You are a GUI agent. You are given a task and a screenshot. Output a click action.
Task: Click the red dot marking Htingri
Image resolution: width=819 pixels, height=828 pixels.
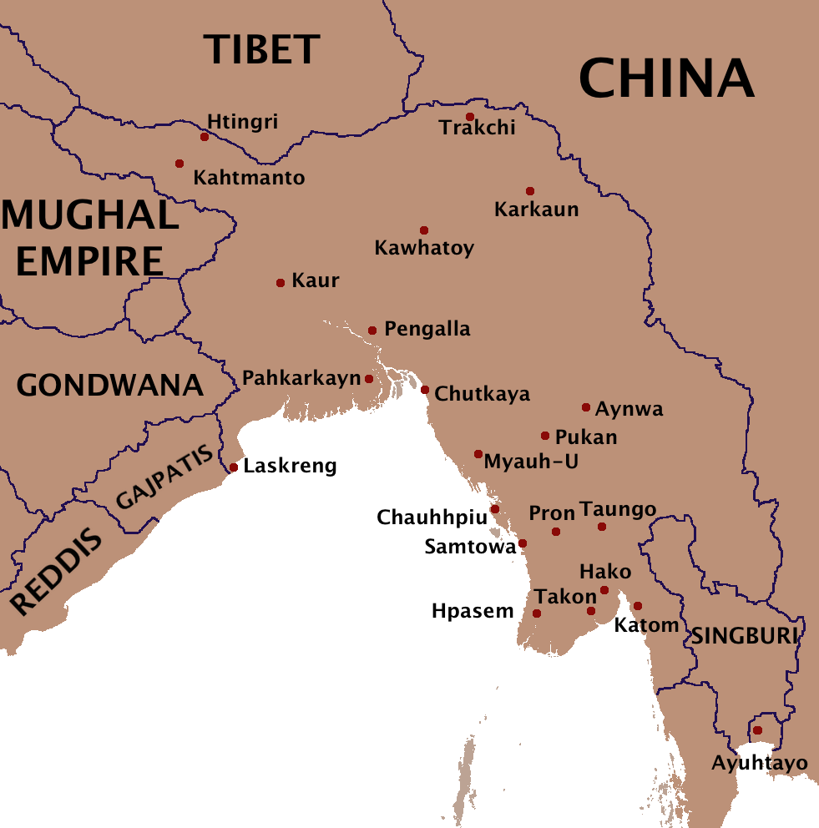point(204,137)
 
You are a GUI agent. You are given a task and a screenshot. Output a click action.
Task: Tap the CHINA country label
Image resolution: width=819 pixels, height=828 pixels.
point(666,79)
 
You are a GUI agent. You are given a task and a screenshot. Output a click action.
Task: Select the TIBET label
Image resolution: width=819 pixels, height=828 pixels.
point(262,49)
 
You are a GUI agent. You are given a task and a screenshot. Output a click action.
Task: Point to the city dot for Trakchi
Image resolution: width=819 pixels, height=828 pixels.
point(470,117)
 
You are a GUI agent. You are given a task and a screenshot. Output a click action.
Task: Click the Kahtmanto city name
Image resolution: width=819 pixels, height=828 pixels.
point(249,178)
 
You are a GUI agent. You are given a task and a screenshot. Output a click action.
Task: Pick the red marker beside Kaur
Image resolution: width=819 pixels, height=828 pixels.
point(281,283)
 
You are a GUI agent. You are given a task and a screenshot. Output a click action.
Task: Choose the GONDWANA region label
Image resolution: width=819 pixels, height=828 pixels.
point(110,386)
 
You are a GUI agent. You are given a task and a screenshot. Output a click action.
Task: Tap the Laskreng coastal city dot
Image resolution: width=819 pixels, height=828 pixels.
point(234,467)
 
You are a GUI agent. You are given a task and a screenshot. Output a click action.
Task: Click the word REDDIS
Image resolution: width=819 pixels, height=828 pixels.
point(57,573)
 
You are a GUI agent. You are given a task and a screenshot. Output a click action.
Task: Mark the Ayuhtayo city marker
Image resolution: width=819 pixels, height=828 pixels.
point(757,730)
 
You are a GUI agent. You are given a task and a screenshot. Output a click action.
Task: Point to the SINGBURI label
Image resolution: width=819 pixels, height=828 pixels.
point(742,637)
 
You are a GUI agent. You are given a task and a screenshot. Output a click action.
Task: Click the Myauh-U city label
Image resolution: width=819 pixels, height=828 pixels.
point(531,462)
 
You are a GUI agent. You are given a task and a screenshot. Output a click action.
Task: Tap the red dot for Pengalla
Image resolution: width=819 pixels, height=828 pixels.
point(372,331)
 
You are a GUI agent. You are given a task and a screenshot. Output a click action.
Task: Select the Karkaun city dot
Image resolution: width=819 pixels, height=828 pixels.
point(529,191)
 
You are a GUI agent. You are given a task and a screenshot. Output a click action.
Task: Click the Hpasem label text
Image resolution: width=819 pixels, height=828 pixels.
point(473,611)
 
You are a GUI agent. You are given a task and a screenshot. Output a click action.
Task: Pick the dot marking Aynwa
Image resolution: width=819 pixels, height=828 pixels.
point(586,408)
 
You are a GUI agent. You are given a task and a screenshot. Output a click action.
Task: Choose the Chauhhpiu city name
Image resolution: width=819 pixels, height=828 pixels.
point(432,517)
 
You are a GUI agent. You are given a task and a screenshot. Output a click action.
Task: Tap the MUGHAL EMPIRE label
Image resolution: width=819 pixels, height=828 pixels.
point(90,239)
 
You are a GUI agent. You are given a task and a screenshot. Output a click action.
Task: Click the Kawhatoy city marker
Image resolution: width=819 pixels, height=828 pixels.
point(424,230)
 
